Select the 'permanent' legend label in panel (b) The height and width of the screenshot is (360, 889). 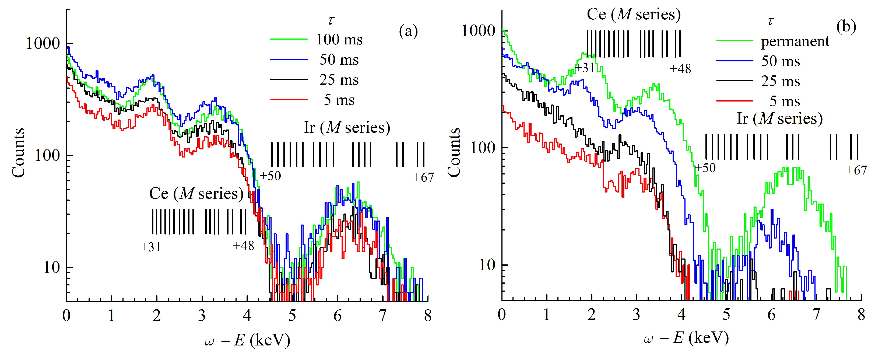click(795, 41)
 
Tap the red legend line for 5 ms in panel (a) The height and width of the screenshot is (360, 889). click(289, 100)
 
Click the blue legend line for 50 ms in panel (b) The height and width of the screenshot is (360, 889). click(735, 61)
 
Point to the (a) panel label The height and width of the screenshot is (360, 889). click(408, 32)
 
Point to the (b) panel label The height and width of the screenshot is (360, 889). click(846, 27)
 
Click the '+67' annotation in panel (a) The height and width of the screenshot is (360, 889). click(423, 177)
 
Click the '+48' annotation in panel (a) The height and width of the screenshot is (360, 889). click(244, 246)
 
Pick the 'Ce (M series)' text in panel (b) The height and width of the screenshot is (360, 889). click(634, 15)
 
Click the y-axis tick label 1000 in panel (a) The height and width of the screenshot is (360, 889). click(43, 44)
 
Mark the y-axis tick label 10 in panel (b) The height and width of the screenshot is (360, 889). click(487, 265)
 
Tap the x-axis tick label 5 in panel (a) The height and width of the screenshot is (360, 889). click(292, 316)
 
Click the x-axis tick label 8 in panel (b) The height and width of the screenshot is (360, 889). click(861, 314)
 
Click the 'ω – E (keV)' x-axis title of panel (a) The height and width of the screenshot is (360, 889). click(247, 340)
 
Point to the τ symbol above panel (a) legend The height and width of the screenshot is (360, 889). click(331, 21)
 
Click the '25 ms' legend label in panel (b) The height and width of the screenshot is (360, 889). click(780, 82)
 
